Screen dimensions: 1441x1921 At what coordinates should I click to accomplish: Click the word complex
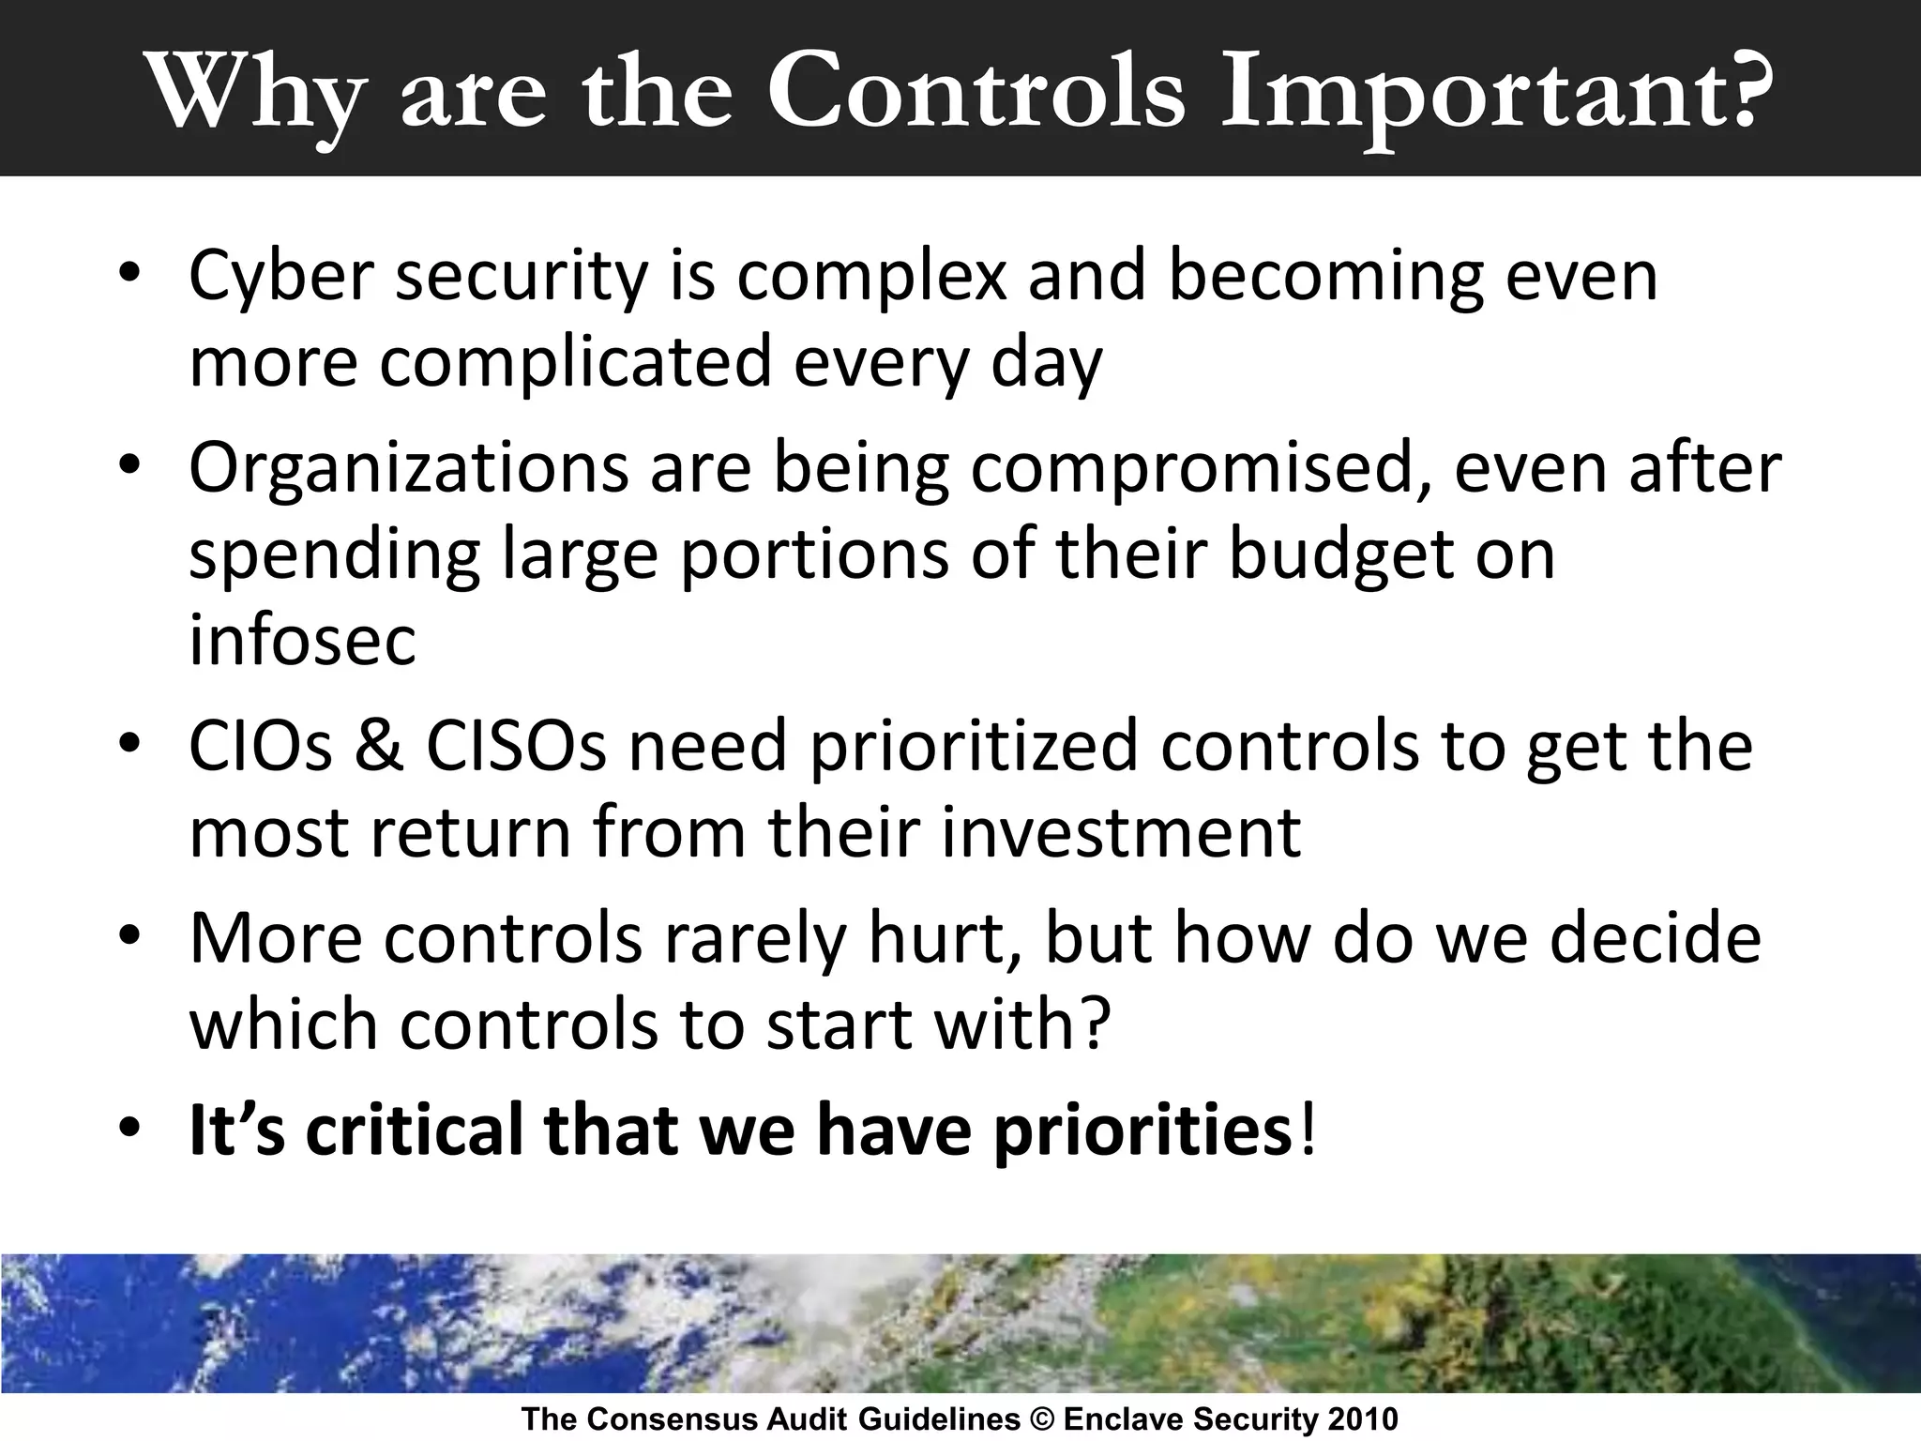point(871,278)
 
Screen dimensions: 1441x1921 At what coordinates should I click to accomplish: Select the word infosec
point(302,641)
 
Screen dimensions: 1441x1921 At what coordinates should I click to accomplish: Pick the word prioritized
point(973,746)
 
